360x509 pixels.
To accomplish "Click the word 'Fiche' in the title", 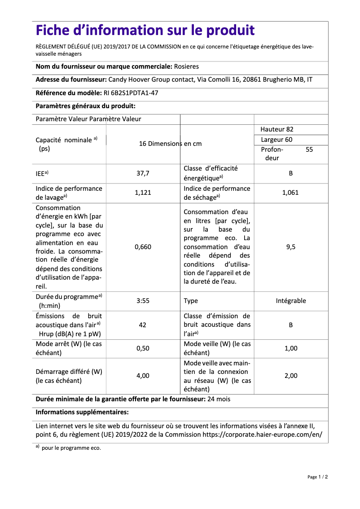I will coord(56,31).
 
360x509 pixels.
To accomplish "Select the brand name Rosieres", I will coord(186,66).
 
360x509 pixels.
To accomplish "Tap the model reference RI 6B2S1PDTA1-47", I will coord(128,93).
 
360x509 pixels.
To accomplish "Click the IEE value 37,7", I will coord(143,173).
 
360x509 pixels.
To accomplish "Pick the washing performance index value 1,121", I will coord(143,193).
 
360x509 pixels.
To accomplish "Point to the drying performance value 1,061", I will coord(290,193).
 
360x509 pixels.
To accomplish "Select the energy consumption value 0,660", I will coord(143,247).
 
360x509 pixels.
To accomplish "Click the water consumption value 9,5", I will coord(290,247).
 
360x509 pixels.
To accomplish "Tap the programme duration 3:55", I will coord(143,301).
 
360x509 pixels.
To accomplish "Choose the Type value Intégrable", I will coord(290,301).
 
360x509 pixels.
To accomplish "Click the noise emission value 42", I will coord(143,325).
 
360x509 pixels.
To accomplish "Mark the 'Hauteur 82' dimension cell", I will coord(277,129).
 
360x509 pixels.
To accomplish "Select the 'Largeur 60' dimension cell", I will coord(277,140).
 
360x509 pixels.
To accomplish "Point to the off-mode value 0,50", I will coord(143,348).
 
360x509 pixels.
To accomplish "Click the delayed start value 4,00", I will coord(143,376).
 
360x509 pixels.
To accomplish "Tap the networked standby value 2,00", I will coord(290,376).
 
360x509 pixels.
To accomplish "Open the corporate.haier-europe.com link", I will coord(262,434).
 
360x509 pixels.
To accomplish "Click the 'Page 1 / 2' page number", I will coord(317,477).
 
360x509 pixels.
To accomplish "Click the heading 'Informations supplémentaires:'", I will coord(82,412).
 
